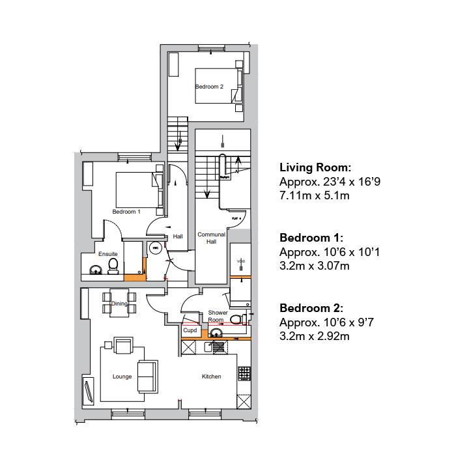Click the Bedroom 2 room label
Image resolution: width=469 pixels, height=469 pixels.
[x=209, y=87]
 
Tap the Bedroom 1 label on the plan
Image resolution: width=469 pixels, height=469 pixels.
[x=126, y=212]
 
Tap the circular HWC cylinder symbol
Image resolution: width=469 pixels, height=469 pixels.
[x=156, y=248]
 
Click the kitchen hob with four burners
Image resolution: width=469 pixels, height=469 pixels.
[x=245, y=373]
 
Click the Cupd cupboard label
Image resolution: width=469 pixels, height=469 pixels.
[x=190, y=331]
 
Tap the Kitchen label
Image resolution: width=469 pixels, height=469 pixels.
[x=211, y=377]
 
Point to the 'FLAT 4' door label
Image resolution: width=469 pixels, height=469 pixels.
[x=236, y=218]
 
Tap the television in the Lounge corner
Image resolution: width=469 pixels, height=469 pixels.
[x=88, y=391]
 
